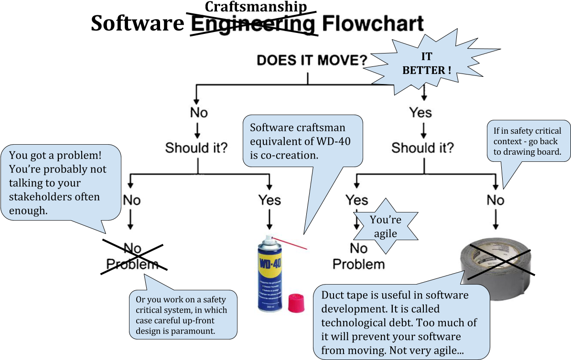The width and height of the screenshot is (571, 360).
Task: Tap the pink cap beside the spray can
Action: tap(297, 303)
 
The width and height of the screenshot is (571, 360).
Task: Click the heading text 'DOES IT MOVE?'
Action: tap(312, 61)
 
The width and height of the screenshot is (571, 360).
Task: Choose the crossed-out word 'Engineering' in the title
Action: tap(253, 24)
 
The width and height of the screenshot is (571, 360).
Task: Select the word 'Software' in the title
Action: tap(139, 23)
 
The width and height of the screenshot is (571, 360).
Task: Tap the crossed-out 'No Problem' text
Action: tap(132, 256)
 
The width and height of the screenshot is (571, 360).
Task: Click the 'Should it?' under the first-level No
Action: tap(196, 148)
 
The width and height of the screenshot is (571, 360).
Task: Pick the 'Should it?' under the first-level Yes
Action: tap(422, 148)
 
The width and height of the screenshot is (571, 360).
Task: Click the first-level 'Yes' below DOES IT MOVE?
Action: tap(420, 113)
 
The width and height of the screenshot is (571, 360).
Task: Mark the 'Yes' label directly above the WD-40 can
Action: tap(269, 200)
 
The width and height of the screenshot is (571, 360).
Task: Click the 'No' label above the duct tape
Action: tap(496, 200)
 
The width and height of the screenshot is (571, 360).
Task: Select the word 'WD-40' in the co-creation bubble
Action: tap(332, 142)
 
